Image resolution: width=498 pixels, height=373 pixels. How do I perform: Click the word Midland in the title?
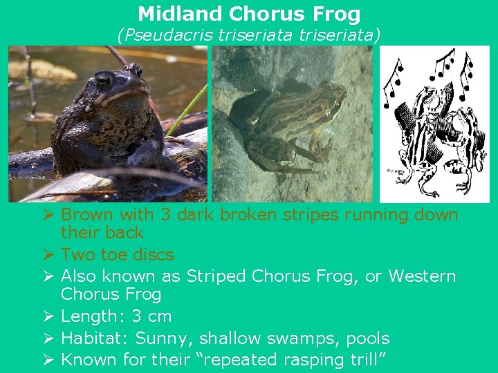pos(180,14)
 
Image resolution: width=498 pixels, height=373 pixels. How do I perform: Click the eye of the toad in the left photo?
pos(104,80)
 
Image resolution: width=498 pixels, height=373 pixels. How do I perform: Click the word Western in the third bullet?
pos(422,276)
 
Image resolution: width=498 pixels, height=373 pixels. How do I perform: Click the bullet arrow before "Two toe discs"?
pos(48,255)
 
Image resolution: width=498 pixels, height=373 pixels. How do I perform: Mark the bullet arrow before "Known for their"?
pos(48,360)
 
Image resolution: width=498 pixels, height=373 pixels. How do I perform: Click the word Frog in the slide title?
pos(336,14)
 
